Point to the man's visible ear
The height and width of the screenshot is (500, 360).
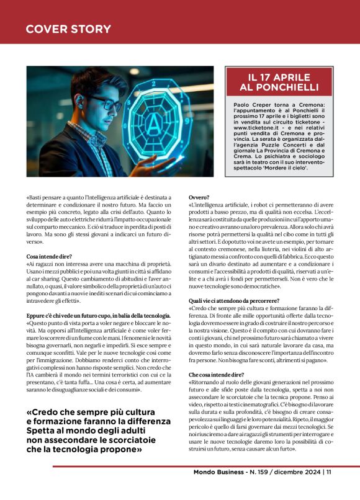pos(78,106)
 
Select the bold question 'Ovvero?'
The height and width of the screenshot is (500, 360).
pos(199,197)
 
